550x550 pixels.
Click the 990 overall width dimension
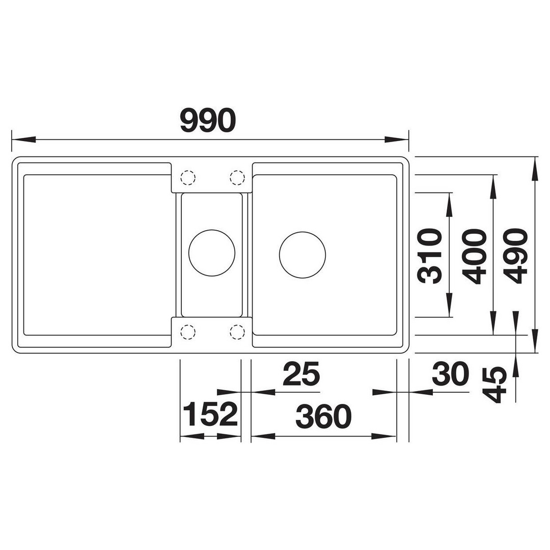tap(208, 120)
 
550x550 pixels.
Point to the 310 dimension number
tap(429, 256)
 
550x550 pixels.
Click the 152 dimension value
tap(210, 415)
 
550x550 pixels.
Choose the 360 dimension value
tap(323, 417)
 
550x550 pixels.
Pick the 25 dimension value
tap(301, 374)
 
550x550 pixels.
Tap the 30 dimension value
tap(450, 374)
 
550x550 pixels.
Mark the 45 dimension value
tap(494, 384)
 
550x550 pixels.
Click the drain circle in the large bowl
tap(302, 255)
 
